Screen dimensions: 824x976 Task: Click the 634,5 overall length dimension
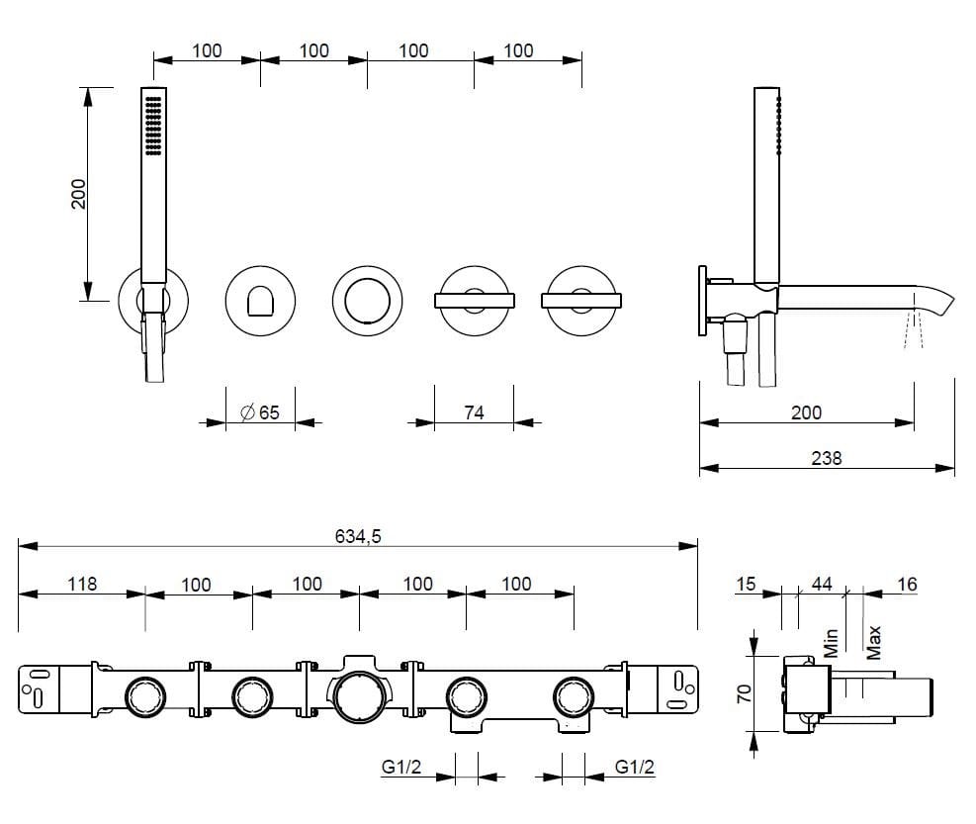[358, 536]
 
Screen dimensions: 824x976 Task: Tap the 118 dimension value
[82, 584]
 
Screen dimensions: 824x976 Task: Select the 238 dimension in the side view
[826, 458]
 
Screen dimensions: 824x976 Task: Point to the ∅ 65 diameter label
[261, 412]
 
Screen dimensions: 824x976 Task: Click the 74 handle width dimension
[474, 412]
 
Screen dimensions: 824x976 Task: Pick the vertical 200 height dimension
[79, 194]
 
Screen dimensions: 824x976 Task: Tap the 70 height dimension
[745, 692]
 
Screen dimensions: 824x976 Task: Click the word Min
[831, 642]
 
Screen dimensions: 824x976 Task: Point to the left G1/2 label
[401, 767]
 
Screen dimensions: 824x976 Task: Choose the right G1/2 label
[635, 767]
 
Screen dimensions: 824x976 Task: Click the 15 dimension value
[746, 584]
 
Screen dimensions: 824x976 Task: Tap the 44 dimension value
[821, 584]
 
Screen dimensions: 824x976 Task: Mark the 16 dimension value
[906, 584]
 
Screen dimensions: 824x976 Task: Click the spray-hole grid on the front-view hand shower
[152, 125]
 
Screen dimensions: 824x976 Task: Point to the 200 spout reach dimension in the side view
[806, 412]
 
